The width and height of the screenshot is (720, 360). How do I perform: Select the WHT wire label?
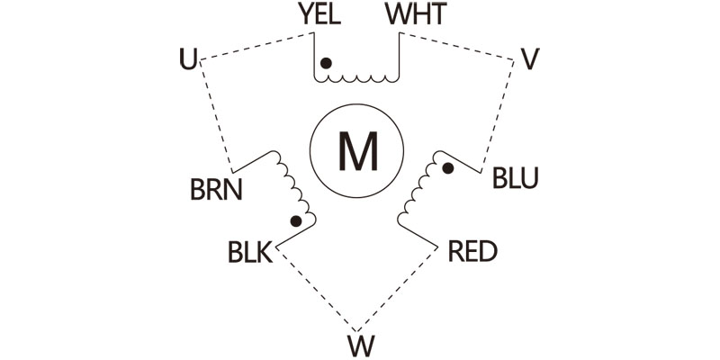415,16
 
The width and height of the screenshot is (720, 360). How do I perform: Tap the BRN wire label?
216,191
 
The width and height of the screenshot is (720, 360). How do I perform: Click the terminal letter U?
187,60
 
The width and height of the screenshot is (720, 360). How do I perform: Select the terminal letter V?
530,60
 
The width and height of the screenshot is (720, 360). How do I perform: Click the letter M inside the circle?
356,151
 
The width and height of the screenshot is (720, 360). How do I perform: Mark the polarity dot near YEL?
327,63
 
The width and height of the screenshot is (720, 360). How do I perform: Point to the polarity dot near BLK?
295,220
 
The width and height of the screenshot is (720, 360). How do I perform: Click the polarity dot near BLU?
447,168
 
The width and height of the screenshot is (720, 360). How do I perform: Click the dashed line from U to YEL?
256,48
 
